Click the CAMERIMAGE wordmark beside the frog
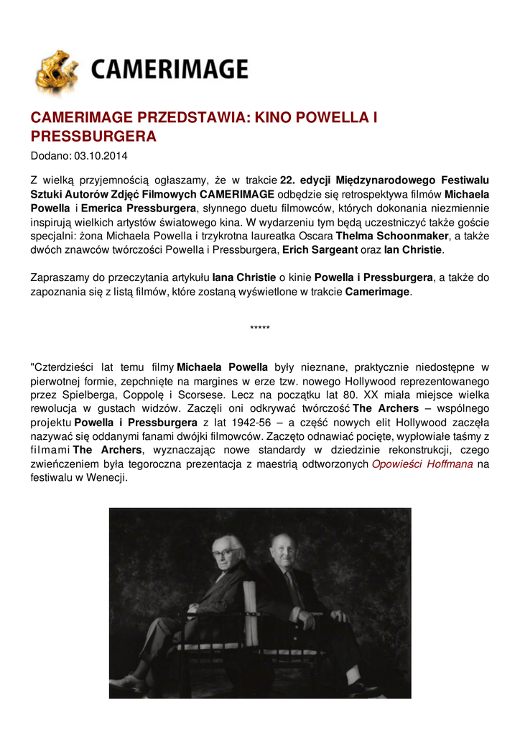pos(170,70)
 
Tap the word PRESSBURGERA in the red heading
pos(93,136)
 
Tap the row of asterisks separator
pos(260,329)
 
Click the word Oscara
pos(316,235)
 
